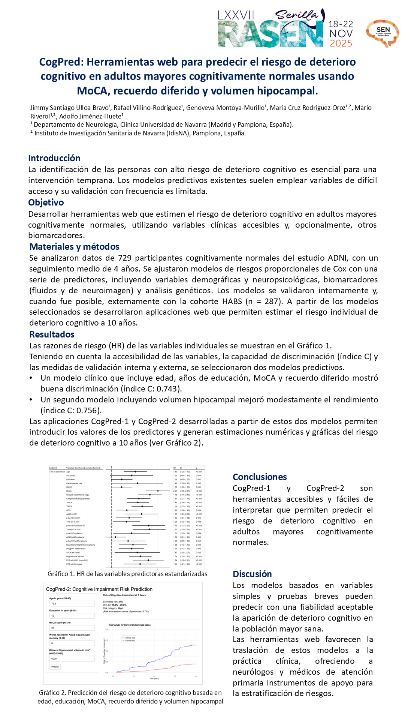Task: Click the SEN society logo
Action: click(383, 33)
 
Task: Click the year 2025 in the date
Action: click(341, 43)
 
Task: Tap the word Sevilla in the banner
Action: click(296, 15)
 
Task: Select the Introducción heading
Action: click(54, 158)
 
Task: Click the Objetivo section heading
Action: click(46, 202)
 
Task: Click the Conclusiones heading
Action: click(260, 477)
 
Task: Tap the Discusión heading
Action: click(252, 574)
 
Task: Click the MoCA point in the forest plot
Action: click(158, 491)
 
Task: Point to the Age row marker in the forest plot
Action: click(135, 472)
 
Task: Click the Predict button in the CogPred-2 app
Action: click(55, 667)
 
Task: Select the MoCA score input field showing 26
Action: click(72, 628)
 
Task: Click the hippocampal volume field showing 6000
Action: click(72, 658)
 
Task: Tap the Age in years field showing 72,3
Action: click(72, 604)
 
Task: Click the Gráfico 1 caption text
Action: click(127, 574)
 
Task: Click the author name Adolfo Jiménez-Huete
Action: click(91, 116)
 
